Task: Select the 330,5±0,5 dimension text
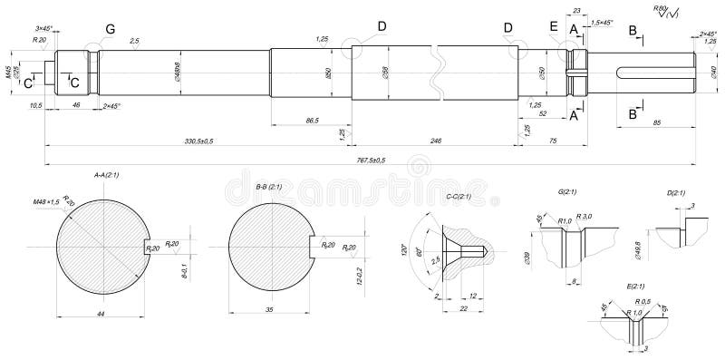[198, 141]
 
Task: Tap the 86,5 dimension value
[313, 120]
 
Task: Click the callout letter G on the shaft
[110, 30]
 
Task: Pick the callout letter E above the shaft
[554, 27]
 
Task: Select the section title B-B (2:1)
[269, 186]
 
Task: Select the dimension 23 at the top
[577, 10]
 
